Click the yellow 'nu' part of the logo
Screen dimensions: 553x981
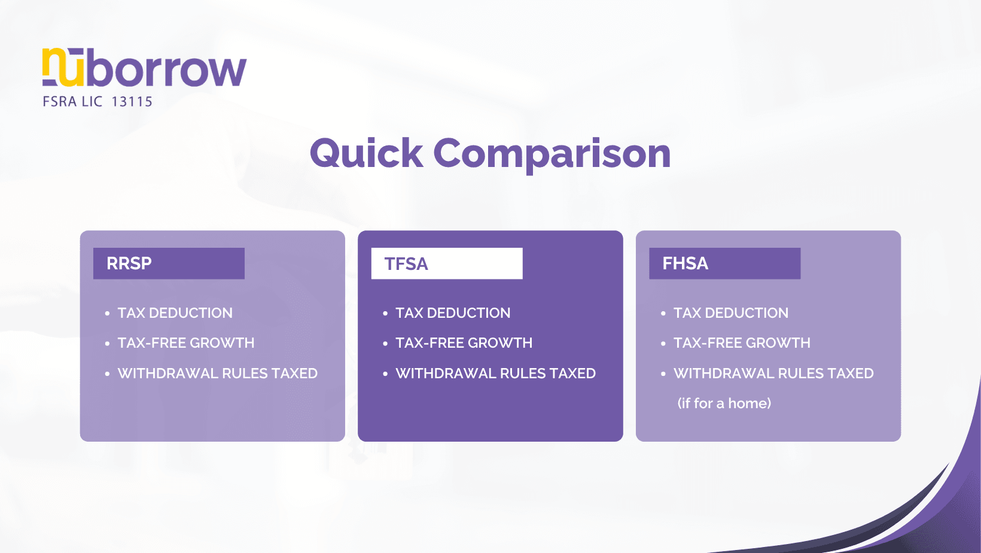(x=63, y=67)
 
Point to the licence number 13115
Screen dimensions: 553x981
(x=132, y=102)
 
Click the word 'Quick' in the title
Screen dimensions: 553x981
(x=366, y=154)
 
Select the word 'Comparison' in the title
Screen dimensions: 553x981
(x=552, y=154)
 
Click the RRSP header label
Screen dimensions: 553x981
(x=129, y=263)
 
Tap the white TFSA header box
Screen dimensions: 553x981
(x=446, y=263)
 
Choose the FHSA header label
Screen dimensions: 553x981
(x=686, y=263)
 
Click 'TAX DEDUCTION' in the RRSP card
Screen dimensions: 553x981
(x=175, y=313)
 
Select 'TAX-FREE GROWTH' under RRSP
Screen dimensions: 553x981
(x=186, y=343)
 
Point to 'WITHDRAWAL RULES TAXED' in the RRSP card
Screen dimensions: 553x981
(x=218, y=373)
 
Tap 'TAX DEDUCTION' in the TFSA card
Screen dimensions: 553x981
(x=453, y=313)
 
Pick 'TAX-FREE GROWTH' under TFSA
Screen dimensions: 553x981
(x=464, y=343)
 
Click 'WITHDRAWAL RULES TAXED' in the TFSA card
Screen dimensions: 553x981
(x=495, y=373)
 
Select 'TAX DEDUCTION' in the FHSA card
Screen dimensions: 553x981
(x=731, y=313)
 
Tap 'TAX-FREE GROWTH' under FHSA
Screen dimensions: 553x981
(x=742, y=343)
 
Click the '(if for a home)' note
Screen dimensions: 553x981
(x=724, y=403)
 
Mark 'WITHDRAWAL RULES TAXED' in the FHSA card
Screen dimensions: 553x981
(x=773, y=373)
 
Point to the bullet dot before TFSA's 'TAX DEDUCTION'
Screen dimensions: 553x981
(x=385, y=314)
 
